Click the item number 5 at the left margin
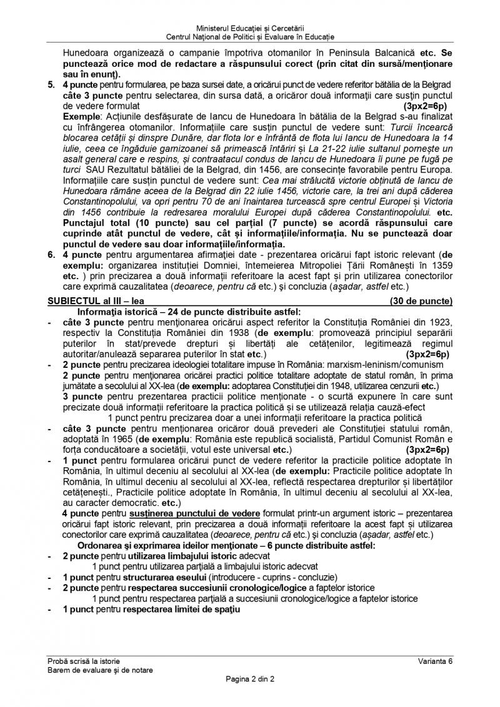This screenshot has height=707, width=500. pos(51,84)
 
